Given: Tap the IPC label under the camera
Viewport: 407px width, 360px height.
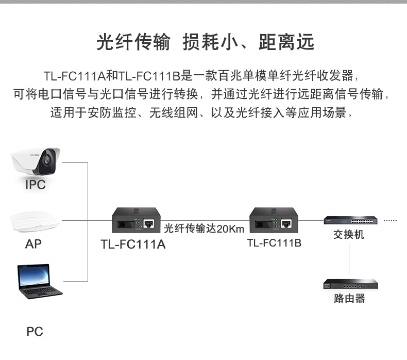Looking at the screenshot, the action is (x=36, y=185).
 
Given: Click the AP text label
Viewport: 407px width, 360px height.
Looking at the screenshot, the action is (x=33, y=244).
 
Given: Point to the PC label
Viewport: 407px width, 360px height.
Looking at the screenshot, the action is (x=35, y=332).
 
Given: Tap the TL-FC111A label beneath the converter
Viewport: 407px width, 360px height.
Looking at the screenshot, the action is (x=133, y=244).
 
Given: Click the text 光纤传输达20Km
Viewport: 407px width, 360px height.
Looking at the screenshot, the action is (x=204, y=228).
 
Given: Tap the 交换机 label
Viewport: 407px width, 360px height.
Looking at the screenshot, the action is (x=349, y=235).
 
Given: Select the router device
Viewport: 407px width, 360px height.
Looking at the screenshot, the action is (x=349, y=284).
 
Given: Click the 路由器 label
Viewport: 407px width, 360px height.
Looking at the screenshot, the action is (x=349, y=299).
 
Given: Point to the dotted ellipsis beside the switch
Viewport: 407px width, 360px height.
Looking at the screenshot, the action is (x=391, y=221).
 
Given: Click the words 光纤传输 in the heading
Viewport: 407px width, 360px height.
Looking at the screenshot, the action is (x=133, y=43).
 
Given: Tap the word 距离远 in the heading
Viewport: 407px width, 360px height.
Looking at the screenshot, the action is (x=286, y=43).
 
